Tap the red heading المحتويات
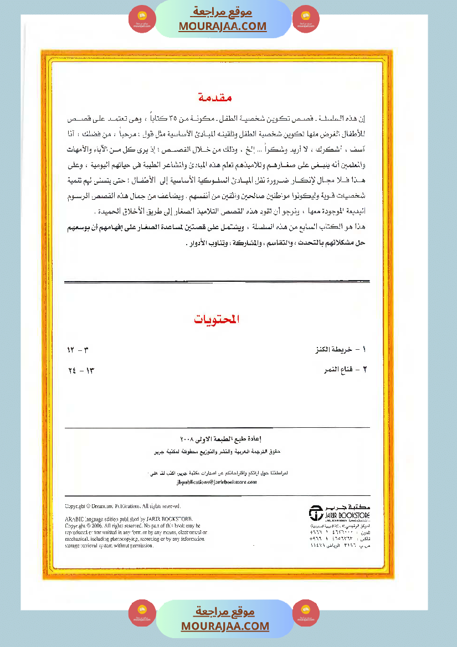pyautogui.click(x=218, y=320)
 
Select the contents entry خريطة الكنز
pyautogui.click(x=335, y=350)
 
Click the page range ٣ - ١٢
pyautogui.click(x=78, y=350)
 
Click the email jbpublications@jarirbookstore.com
pyautogui.click(x=216, y=482)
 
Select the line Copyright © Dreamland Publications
pyautogui.click(x=123, y=506)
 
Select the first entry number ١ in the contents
pyautogui.click(x=364, y=350)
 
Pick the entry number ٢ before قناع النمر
pyautogui.click(x=364, y=369)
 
